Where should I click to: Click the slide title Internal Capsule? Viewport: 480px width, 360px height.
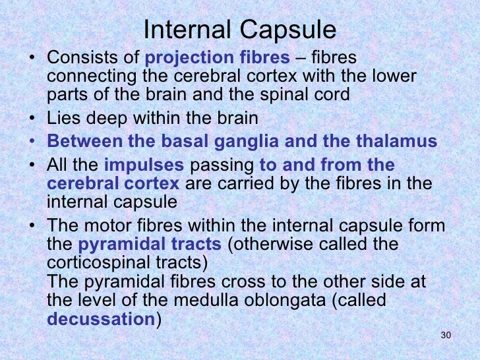(240, 30)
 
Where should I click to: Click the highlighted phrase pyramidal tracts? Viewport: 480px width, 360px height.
(149, 245)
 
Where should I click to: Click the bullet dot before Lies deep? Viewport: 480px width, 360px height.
(34, 120)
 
